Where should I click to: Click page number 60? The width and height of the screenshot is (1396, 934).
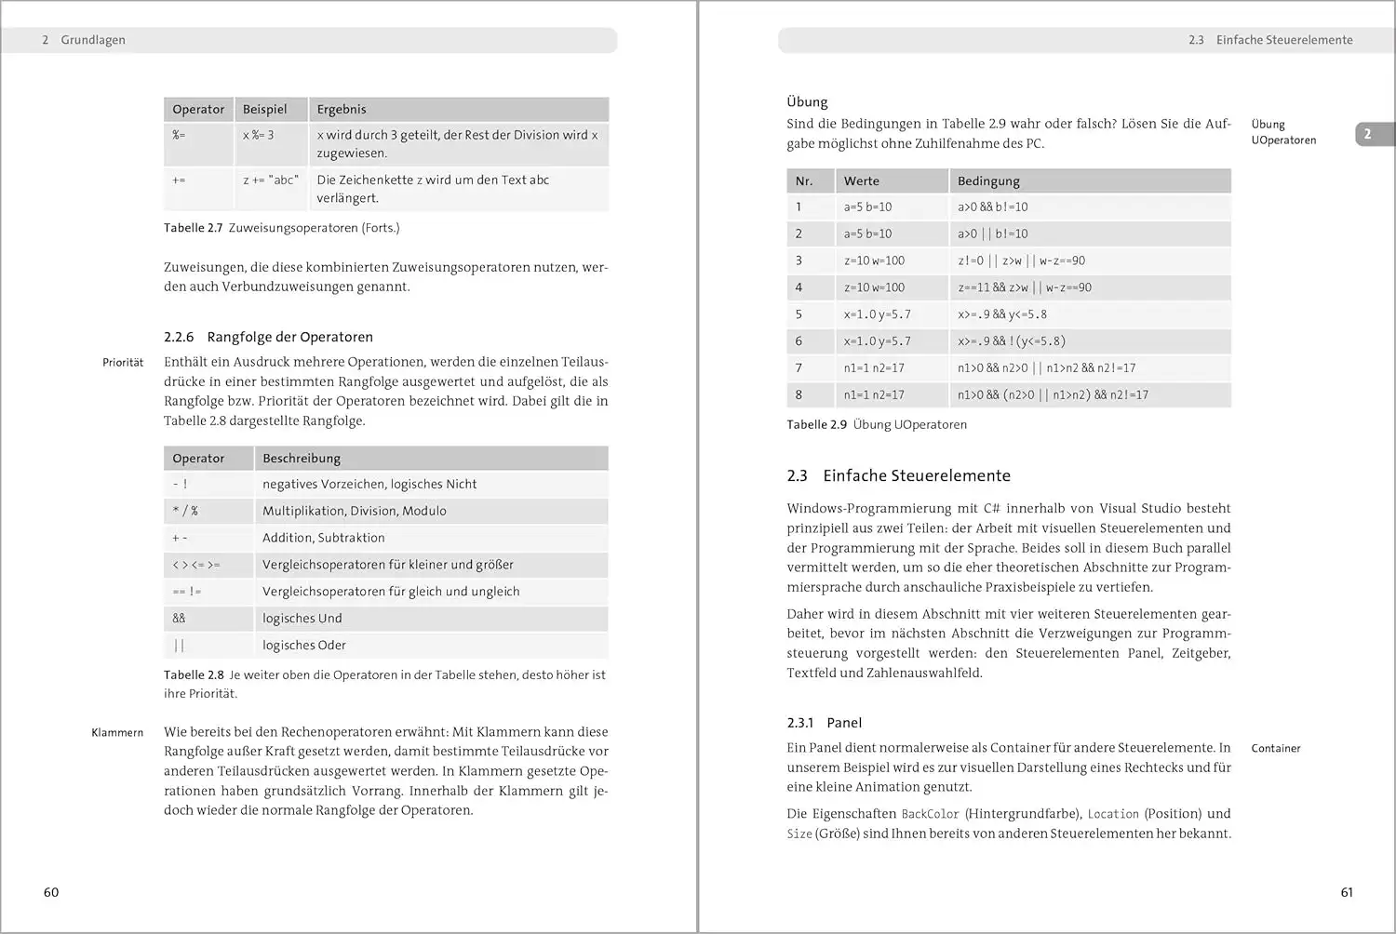click(51, 892)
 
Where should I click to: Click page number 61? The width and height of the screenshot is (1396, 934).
click(1347, 892)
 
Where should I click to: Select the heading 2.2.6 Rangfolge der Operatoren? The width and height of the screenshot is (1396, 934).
click(268, 337)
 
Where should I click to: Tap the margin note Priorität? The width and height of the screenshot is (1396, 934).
click(123, 363)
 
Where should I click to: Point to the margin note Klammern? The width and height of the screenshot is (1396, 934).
click(117, 733)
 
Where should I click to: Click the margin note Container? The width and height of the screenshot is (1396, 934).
click(1276, 748)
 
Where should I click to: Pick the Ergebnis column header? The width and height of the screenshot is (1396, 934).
click(342, 109)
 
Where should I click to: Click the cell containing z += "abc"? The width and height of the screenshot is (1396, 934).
click(271, 180)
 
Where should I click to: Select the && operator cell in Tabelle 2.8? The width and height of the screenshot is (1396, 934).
click(180, 619)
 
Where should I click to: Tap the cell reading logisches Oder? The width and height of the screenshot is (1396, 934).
click(304, 646)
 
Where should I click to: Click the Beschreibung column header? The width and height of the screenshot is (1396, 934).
click(302, 459)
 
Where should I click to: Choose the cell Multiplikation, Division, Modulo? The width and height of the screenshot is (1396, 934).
click(355, 511)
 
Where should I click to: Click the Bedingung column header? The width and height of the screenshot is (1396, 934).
click(988, 181)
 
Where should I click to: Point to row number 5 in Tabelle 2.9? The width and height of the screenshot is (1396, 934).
click(799, 314)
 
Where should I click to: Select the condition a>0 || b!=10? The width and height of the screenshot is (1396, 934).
click(993, 234)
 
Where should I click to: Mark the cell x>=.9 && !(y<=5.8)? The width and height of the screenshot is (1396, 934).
click(1012, 341)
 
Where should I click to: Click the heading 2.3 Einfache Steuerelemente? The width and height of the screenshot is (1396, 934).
click(898, 475)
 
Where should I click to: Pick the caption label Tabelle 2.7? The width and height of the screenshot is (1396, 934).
click(194, 228)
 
